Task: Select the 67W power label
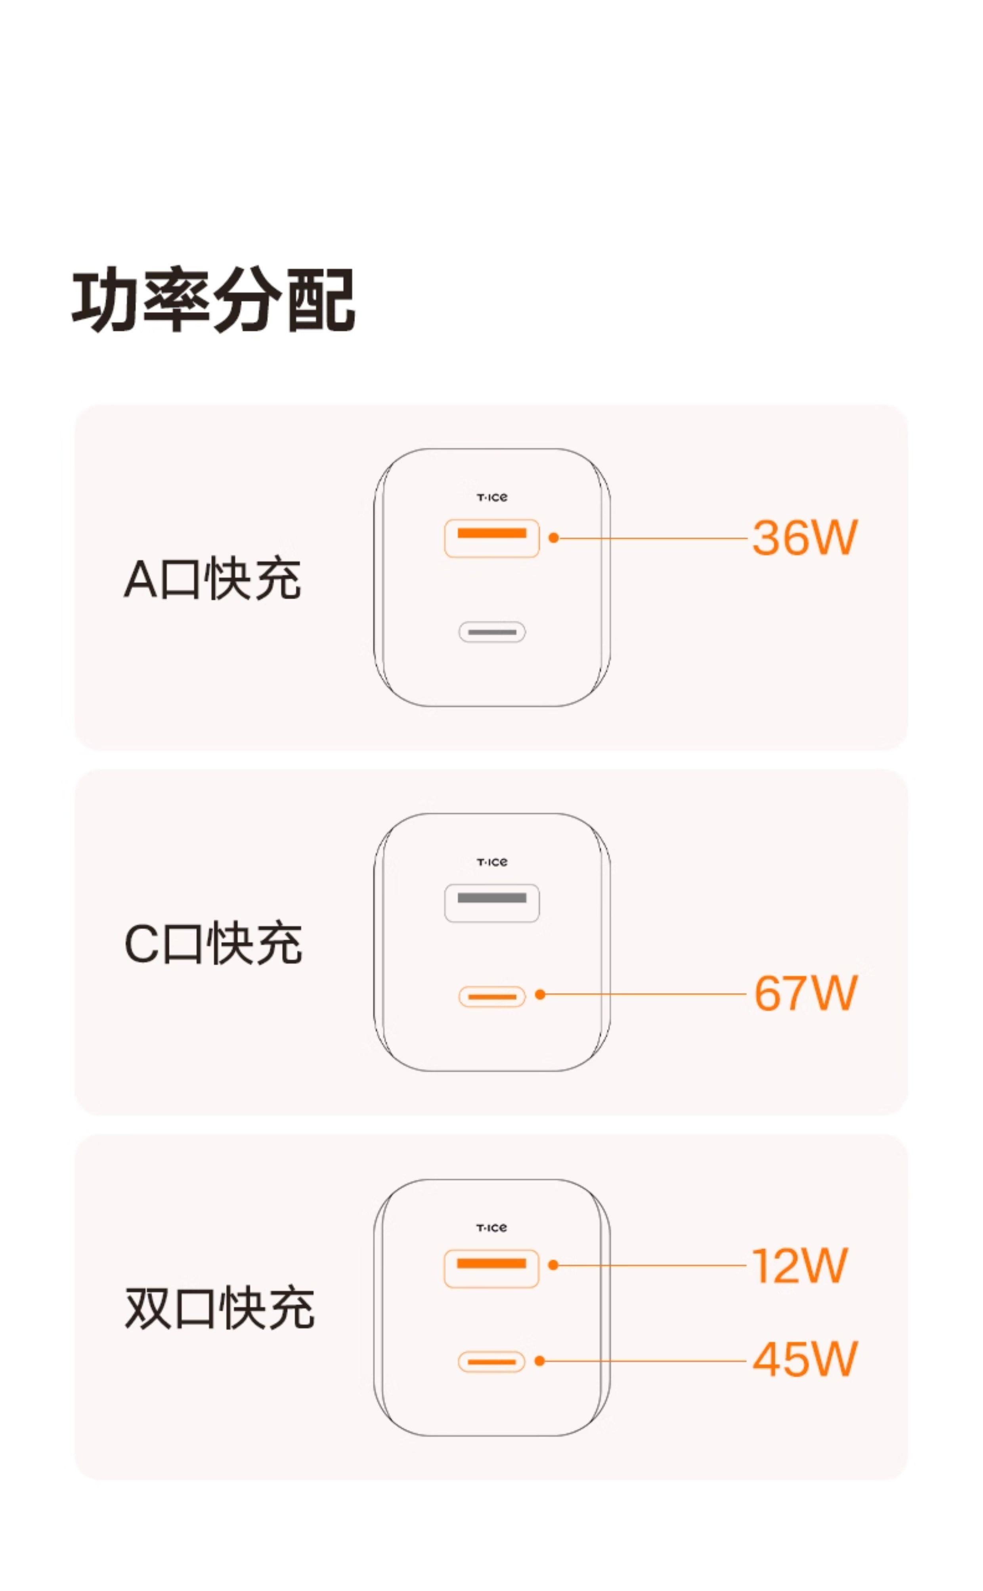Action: pyautogui.click(x=805, y=994)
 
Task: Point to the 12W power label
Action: pyautogui.click(x=799, y=1266)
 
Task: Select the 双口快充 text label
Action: pyautogui.click(x=219, y=1308)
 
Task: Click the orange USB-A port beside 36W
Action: pyautogui.click(x=491, y=538)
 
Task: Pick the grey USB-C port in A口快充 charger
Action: pyautogui.click(x=491, y=632)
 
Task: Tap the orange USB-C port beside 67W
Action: pyautogui.click(x=491, y=997)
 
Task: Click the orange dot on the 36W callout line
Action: pyautogui.click(x=553, y=538)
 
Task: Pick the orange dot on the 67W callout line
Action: pyautogui.click(x=539, y=995)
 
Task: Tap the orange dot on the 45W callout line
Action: pyautogui.click(x=539, y=1361)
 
